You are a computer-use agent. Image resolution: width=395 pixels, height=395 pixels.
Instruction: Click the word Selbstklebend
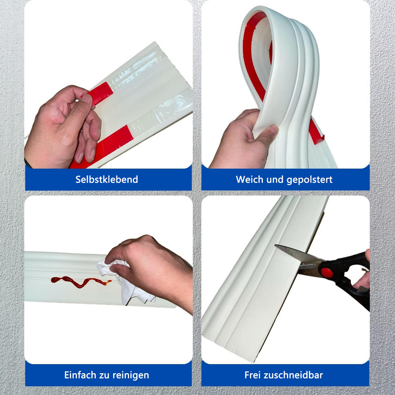coord(107,179)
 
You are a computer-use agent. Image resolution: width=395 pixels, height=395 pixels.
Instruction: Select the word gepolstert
coord(309,180)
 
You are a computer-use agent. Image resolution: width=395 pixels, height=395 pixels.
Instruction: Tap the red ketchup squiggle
coord(81,282)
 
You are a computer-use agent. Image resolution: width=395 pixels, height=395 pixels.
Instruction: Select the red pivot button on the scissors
coord(327,272)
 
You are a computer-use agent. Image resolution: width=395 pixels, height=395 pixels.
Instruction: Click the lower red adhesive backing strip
coord(100,146)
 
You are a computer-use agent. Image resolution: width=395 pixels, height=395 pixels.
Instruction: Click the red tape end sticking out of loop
coord(317,133)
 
